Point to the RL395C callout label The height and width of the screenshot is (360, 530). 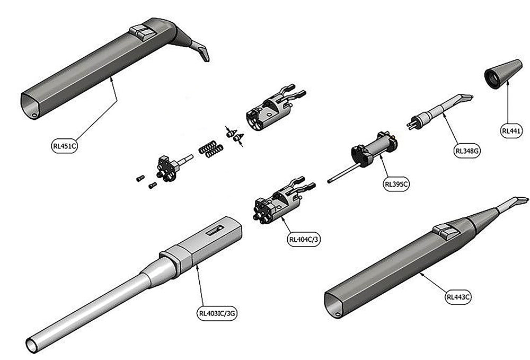(397, 184)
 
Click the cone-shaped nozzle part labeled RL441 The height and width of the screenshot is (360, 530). (497, 74)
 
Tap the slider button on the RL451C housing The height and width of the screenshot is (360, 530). (143, 32)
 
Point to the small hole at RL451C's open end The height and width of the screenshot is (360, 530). (34, 114)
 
